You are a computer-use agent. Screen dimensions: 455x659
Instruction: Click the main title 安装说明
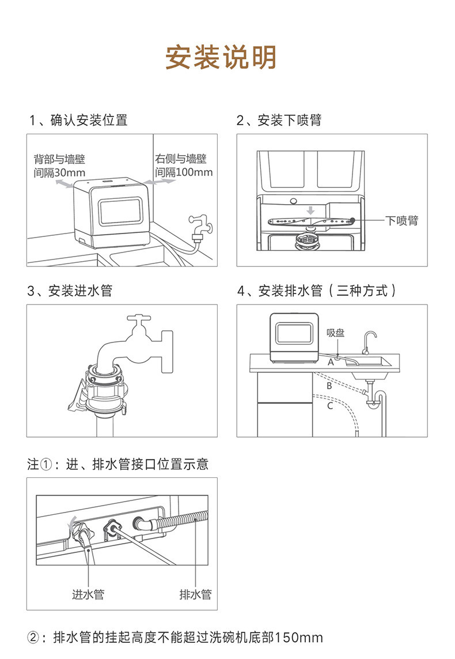[x=221, y=57]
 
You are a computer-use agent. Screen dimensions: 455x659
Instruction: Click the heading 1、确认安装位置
[x=78, y=120]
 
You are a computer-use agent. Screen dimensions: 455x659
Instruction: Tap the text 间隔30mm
[x=59, y=173]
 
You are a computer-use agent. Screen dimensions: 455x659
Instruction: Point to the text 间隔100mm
[x=184, y=172]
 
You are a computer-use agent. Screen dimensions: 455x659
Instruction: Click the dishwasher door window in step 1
[x=120, y=212]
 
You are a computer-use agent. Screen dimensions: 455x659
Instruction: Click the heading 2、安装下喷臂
[x=279, y=120]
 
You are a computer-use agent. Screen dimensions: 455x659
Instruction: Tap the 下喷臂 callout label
[x=402, y=221]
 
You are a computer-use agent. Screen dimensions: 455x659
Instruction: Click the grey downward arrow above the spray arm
[x=310, y=210]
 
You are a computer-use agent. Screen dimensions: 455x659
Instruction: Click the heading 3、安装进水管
[x=70, y=291]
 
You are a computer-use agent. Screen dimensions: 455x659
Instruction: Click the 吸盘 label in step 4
[x=336, y=333]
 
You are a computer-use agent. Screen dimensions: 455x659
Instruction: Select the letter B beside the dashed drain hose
[x=329, y=385]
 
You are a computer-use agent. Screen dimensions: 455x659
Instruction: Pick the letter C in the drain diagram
[x=330, y=406]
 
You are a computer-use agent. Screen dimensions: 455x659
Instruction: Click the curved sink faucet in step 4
[x=369, y=342]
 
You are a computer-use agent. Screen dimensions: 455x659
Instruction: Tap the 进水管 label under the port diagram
[x=88, y=594]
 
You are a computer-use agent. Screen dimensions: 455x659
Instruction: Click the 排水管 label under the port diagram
[x=196, y=594]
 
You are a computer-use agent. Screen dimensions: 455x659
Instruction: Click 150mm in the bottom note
[x=298, y=638]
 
